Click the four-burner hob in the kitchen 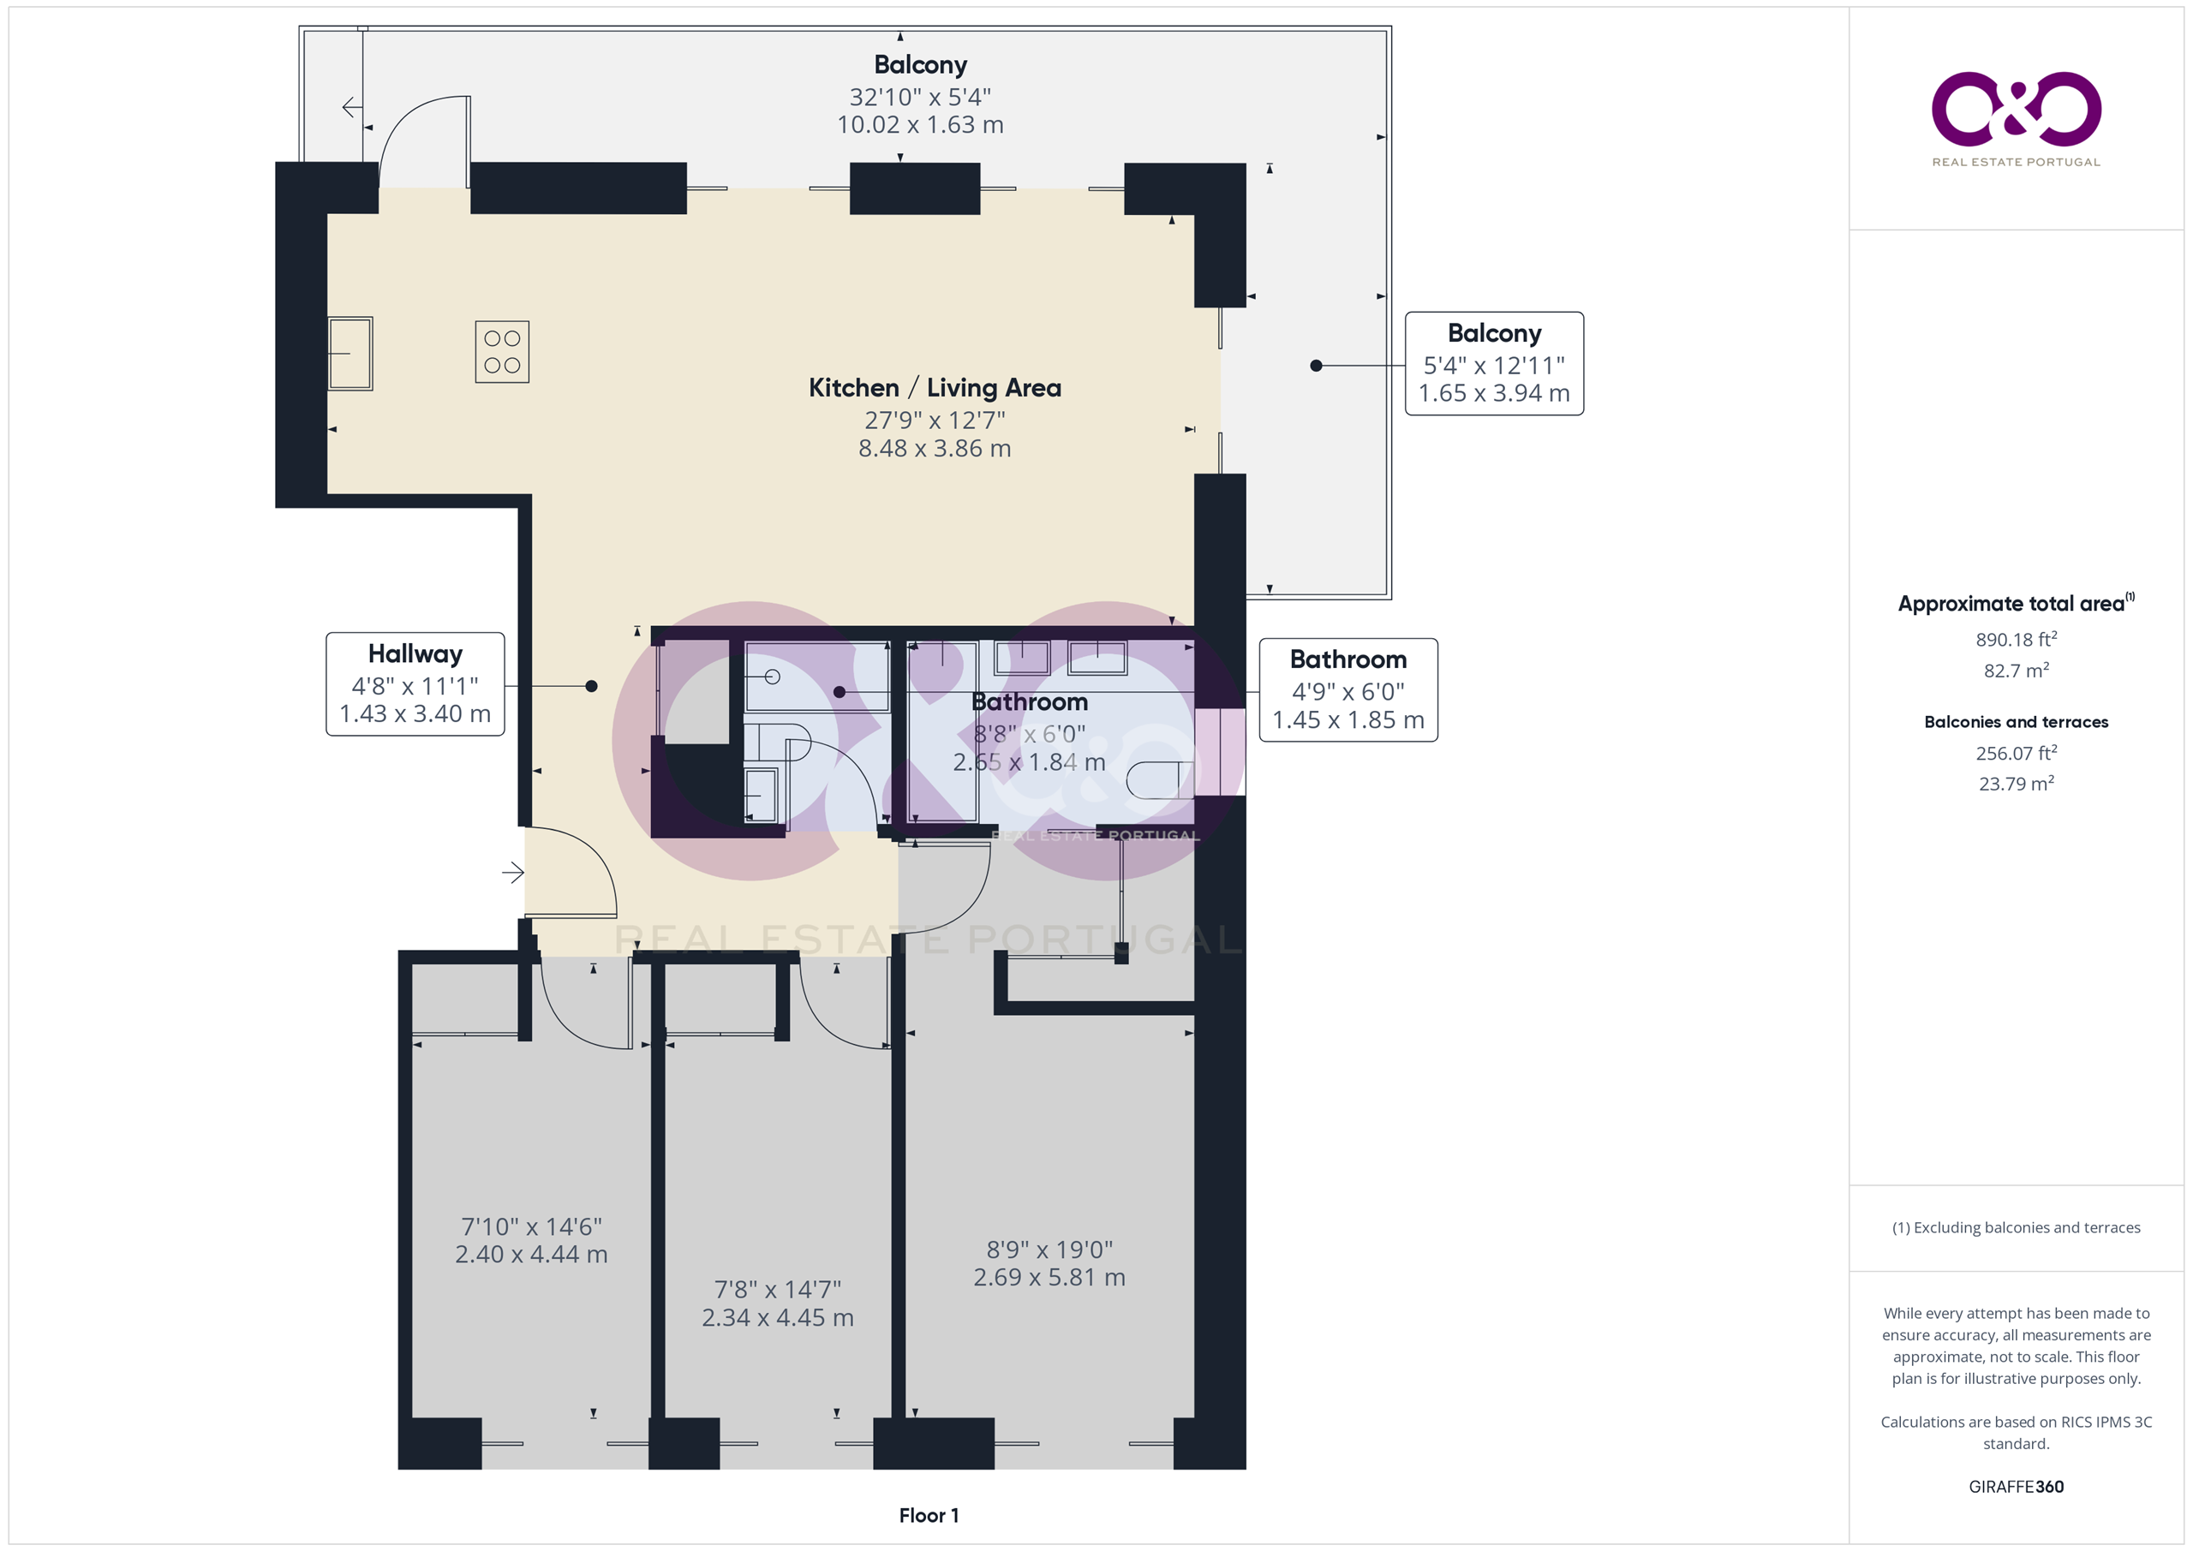point(502,351)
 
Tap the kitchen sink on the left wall point(350,354)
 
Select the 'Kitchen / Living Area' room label point(935,388)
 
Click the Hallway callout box point(415,683)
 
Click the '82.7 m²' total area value point(2017,670)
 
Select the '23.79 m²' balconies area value point(2017,783)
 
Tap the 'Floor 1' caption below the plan point(929,1515)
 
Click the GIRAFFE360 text point(2017,1486)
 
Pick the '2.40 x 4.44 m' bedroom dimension point(531,1254)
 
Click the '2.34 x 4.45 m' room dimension point(778,1317)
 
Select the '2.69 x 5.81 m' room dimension point(1049,1277)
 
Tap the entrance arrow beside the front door point(513,872)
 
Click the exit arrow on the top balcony point(351,107)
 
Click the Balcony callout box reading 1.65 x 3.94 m point(1494,363)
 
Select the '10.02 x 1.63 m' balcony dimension point(920,124)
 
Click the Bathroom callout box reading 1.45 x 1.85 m point(1347,689)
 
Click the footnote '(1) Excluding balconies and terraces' point(2017,1227)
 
